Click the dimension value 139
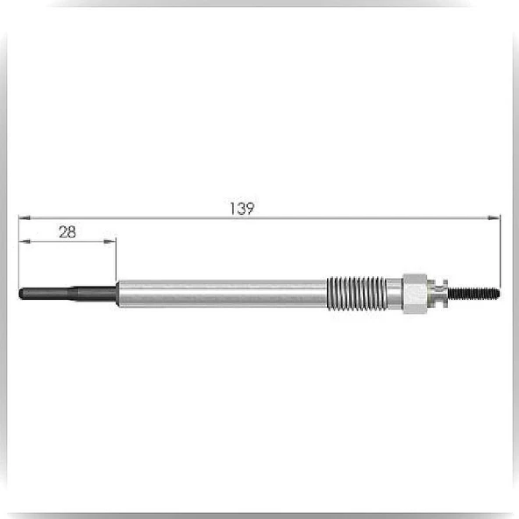(x=242, y=209)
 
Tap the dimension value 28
(x=68, y=232)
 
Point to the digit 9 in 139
(x=250, y=209)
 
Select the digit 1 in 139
(x=231, y=209)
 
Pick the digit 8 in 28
(x=72, y=232)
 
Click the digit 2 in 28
(x=63, y=232)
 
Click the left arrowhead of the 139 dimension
(x=25, y=217)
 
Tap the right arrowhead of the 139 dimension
(x=494, y=217)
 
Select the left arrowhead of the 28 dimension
(x=25, y=242)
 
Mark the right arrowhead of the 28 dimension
(x=110, y=242)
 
